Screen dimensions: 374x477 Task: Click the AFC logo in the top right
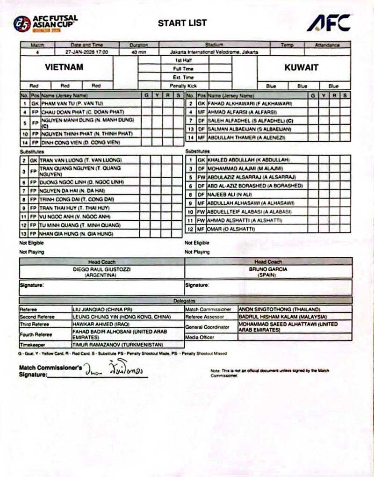pos(328,22)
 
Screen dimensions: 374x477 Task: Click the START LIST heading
pos(182,22)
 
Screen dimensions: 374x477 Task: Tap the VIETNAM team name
pos(64,67)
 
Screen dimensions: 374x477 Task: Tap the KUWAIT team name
pos(302,67)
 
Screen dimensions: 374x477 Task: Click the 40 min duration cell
pos(139,52)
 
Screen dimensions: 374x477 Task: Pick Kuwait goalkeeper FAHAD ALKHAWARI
pos(243,103)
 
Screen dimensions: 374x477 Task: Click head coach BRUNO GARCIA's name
pos(268,270)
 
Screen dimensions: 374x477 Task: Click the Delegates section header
pos(186,301)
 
